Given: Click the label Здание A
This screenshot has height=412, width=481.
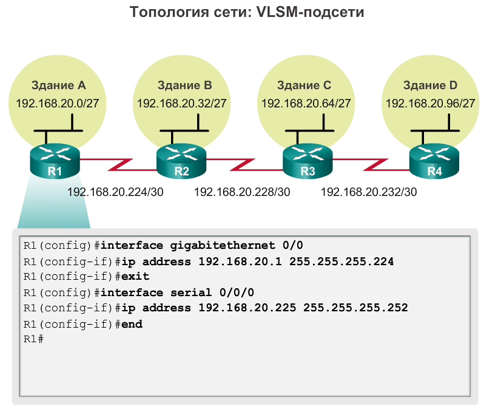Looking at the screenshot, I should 59,85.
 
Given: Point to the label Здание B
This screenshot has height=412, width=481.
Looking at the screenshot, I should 184,85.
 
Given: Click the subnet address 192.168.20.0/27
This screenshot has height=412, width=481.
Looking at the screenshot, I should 59,103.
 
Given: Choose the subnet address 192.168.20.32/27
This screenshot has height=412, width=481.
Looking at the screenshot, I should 182,103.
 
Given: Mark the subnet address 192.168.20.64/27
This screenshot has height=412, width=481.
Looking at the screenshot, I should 306,103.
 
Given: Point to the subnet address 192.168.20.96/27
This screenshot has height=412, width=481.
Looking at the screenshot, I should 430,103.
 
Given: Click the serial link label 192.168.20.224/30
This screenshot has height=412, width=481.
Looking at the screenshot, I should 115,192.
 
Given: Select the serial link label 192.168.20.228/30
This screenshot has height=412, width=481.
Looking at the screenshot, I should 242,192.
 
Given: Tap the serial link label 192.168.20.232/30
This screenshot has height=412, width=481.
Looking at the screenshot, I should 368,192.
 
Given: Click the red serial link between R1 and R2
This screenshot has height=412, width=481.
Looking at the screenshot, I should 118,163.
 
